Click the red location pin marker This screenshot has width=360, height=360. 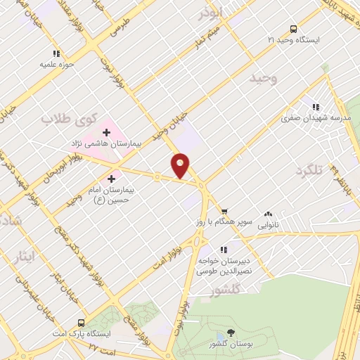click(181, 165)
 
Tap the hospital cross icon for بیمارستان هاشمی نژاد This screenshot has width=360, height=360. click(107, 131)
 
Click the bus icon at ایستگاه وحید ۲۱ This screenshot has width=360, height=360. click(293, 29)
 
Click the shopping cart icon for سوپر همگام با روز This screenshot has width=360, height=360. click(224, 210)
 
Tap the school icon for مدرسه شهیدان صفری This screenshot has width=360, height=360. click(316, 107)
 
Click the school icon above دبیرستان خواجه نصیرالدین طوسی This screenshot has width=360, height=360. click(224, 249)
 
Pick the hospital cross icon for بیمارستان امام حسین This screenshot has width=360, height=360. click(111, 179)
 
